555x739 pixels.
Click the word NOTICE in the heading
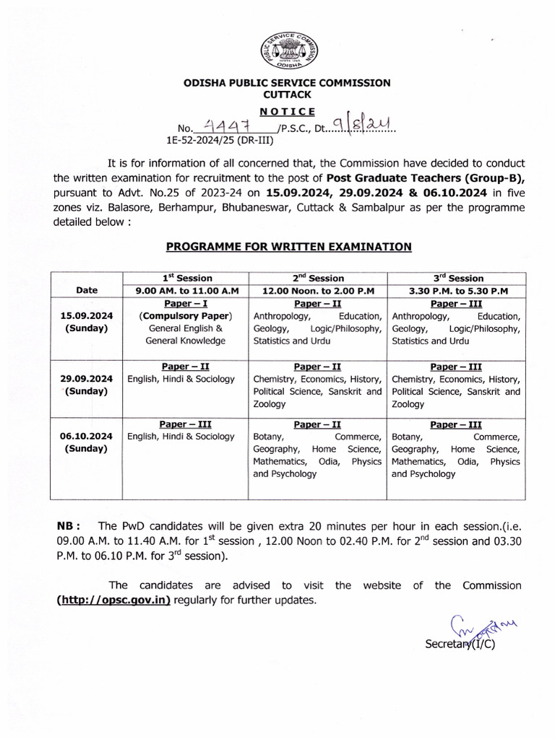[x=287, y=111]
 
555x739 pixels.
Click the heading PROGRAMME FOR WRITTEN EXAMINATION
[x=289, y=247]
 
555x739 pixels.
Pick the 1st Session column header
[x=185, y=278]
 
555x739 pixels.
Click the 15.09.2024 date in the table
[x=87, y=316]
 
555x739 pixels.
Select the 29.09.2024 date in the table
[x=87, y=379]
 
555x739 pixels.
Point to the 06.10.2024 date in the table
[x=87, y=436]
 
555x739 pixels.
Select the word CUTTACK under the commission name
[x=286, y=95]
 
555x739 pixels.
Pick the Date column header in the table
[x=87, y=290]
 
